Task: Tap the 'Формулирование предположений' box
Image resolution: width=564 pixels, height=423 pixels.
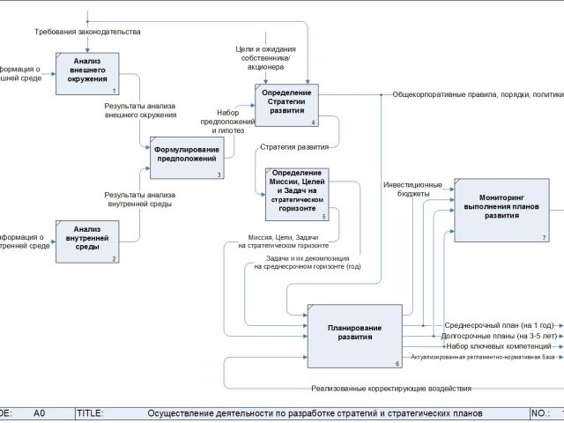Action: tap(187, 156)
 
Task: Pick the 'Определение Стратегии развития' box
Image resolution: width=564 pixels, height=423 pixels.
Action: tap(288, 105)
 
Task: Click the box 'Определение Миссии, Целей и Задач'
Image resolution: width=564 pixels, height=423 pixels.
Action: tap(295, 192)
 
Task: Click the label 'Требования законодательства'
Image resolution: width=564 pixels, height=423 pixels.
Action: tap(87, 32)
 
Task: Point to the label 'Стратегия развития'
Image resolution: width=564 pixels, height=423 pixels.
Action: tap(294, 147)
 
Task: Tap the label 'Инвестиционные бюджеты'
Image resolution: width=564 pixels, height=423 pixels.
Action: tap(406, 189)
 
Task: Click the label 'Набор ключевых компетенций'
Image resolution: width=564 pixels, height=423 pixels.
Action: tap(499, 346)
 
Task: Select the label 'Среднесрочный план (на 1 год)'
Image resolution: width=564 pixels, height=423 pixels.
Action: tap(499, 325)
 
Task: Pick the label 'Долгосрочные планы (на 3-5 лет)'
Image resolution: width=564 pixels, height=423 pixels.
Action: tap(499, 336)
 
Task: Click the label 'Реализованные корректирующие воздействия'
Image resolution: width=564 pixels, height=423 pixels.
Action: tap(391, 388)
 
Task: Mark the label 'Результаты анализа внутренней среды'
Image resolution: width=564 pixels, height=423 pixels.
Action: tap(137, 199)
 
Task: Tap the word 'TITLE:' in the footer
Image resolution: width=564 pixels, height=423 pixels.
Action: tap(90, 412)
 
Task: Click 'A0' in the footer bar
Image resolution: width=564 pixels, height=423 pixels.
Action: tap(40, 412)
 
